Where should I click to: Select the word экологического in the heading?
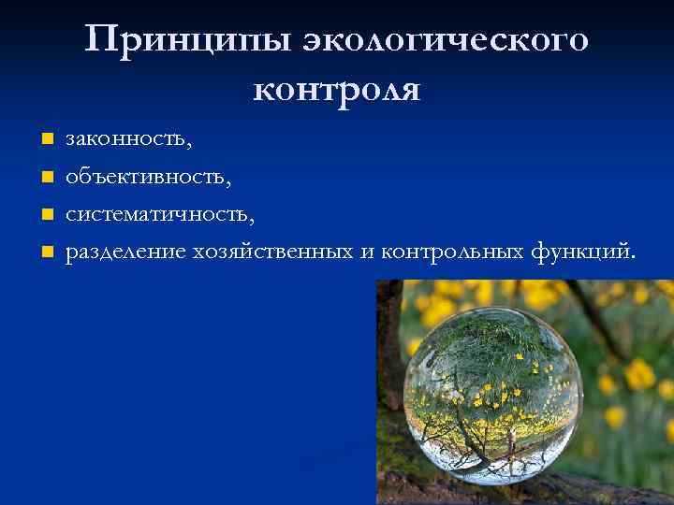tap(447, 41)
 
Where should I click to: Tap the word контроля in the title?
tap(337, 89)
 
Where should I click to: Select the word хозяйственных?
tap(273, 251)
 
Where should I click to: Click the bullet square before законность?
tap(45, 141)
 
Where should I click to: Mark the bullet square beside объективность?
tap(45, 178)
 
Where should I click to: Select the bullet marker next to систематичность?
tap(45, 214)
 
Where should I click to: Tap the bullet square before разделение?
tap(45, 252)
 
